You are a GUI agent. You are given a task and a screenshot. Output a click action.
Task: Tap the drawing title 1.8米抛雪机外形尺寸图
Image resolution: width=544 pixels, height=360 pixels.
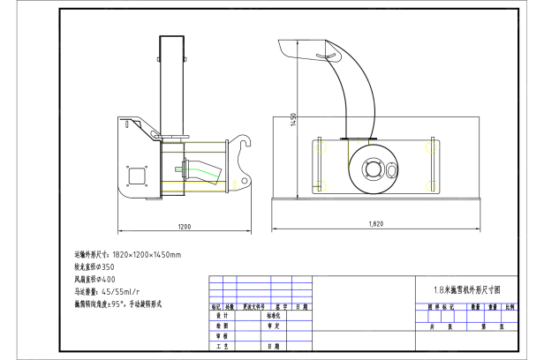click(466, 289)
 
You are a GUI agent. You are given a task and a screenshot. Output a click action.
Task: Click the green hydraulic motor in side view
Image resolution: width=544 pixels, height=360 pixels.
click(205, 167)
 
